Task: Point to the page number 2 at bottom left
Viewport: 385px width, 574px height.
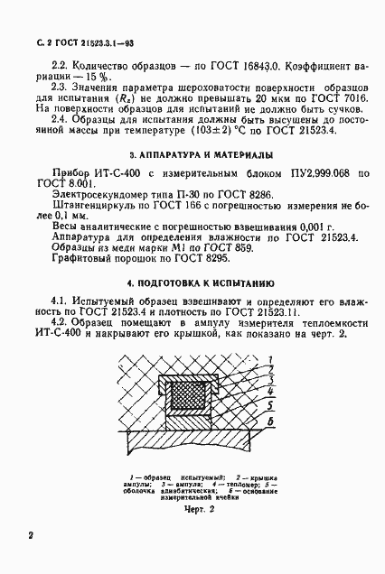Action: pyautogui.click(x=31, y=536)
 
